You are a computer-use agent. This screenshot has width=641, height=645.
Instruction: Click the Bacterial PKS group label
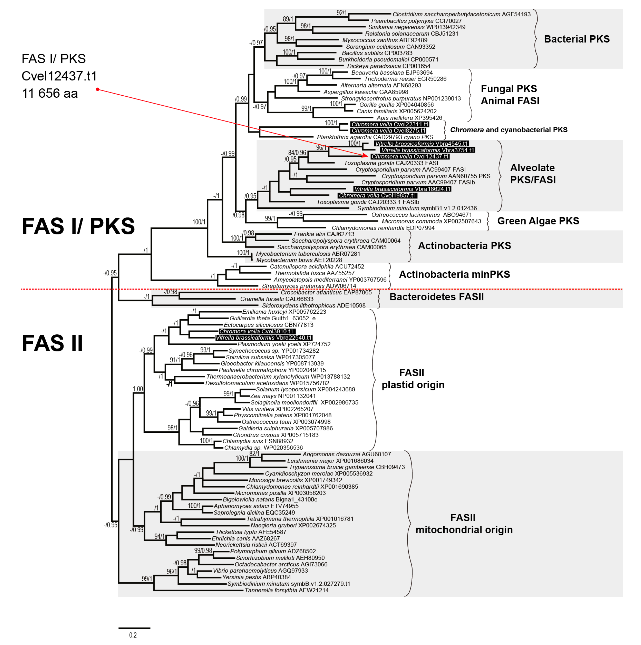577,39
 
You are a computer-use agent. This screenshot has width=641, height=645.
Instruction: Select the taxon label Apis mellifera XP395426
409,117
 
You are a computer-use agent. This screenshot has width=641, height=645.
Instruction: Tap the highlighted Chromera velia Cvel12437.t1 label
410,156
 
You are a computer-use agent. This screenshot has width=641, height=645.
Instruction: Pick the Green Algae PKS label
538,221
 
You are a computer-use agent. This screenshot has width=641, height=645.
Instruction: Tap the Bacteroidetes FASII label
436,297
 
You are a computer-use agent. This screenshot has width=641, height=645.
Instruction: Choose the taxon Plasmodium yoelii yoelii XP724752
284,344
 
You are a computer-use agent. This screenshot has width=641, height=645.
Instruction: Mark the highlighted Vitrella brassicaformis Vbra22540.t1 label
264,337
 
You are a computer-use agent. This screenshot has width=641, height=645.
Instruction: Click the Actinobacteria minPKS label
454,274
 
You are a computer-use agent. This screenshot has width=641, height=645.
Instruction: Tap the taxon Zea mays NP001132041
283,396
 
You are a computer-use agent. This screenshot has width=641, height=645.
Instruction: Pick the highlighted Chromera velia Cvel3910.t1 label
257,331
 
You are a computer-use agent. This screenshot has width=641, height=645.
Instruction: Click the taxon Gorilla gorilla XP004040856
396,104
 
